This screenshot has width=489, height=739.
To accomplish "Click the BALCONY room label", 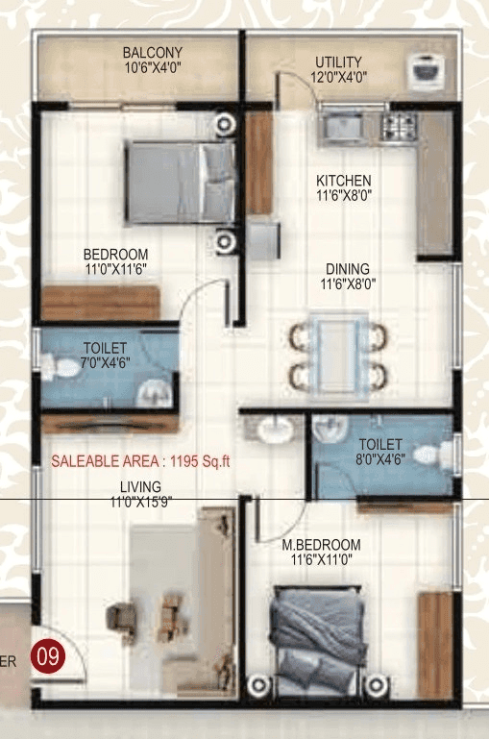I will pyautogui.click(x=152, y=52).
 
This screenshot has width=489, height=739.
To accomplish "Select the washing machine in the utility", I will pyautogui.click(x=424, y=68).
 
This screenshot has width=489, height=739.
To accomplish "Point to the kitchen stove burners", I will pyautogui.click(x=397, y=126).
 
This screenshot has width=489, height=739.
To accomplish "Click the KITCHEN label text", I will pyautogui.click(x=344, y=180).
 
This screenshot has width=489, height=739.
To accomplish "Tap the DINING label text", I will pyautogui.click(x=347, y=269).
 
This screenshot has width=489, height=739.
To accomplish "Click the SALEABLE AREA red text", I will pyautogui.click(x=140, y=460).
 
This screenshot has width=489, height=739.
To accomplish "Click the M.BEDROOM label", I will pyautogui.click(x=321, y=544).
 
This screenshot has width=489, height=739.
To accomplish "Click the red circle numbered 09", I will pyautogui.click(x=47, y=658).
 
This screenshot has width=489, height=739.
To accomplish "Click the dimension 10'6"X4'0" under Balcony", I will pyautogui.click(x=152, y=68).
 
